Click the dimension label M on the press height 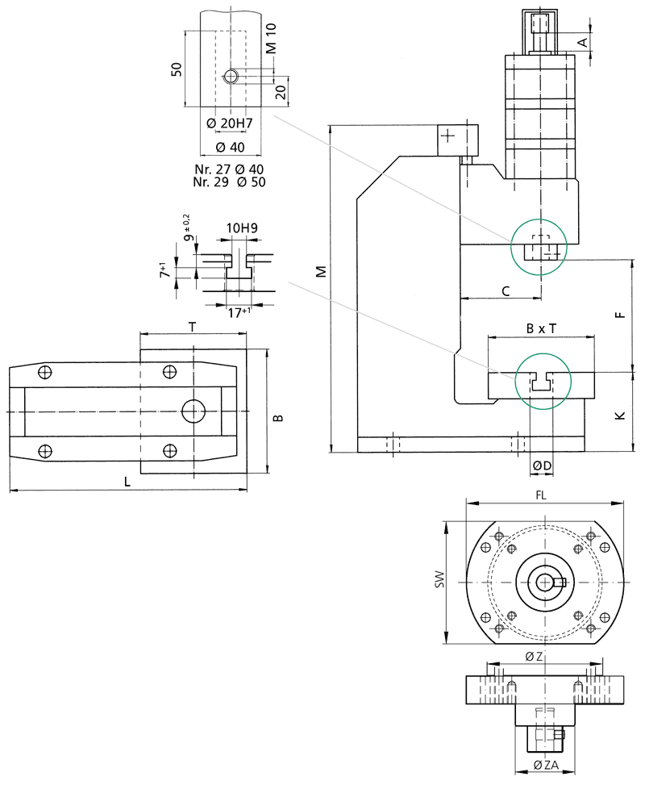[x=321, y=271]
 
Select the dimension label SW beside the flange [x=439, y=580]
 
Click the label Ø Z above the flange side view [x=534, y=657]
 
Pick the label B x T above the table [x=541, y=329]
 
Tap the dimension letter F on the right [x=620, y=316]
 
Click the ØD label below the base [x=542, y=466]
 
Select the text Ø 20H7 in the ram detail [x=230, y=123]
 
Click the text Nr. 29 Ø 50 [x=230, y=182]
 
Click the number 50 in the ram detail [x=176, y=70]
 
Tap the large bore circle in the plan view [x=193, y=411]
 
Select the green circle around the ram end [x=539, y=247]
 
